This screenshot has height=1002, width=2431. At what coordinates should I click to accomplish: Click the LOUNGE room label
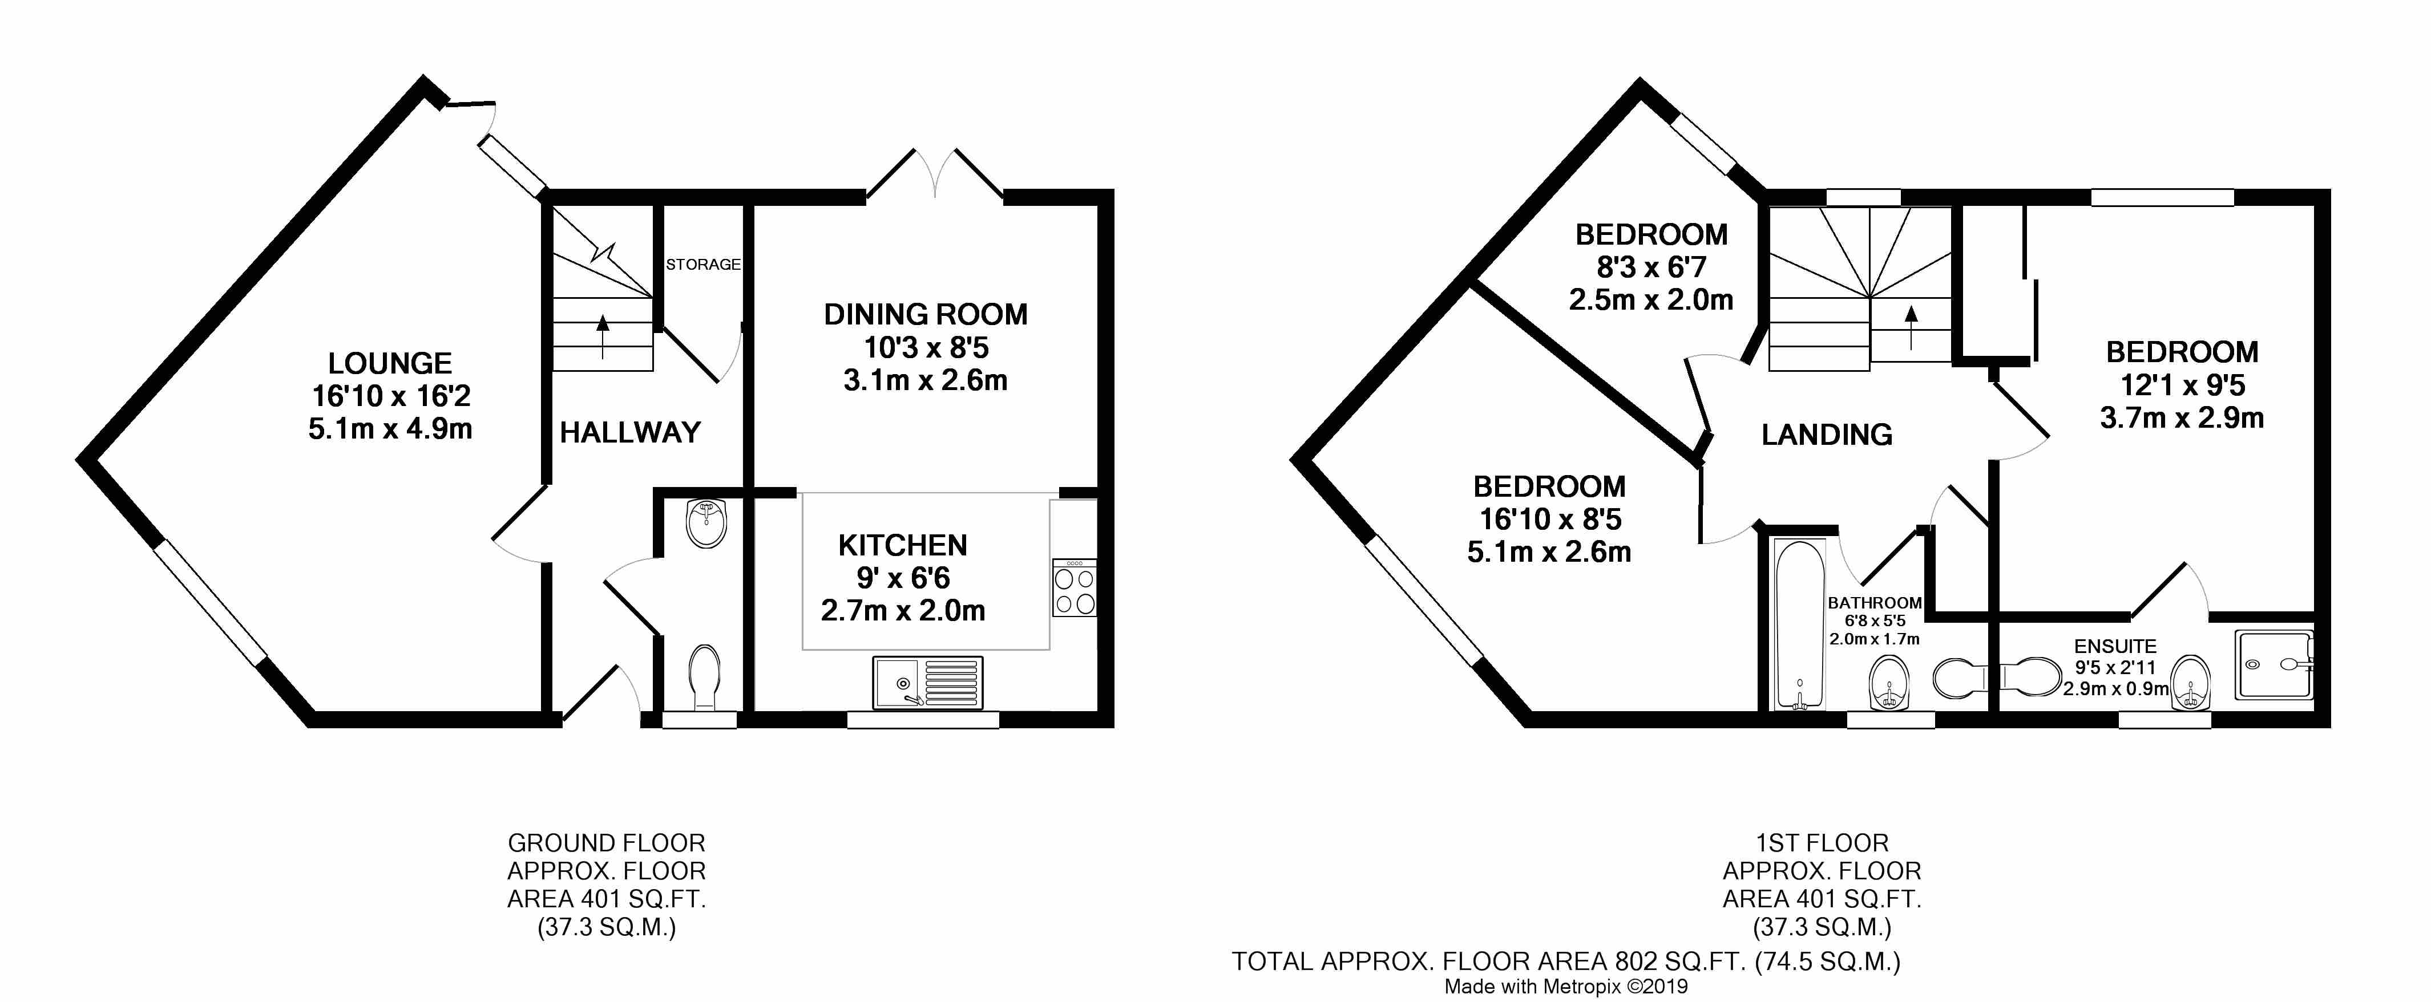pyautogui.click(x=390, y=363)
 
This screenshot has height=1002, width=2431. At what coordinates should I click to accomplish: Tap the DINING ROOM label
pyautogui.click(x=925, y=314)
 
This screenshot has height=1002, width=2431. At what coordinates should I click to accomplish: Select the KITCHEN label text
pyautogui.click(x=902, y=545)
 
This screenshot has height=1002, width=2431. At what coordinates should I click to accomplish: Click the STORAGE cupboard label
pyautogui.click(x=703, y=264)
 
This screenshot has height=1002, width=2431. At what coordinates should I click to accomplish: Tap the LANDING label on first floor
pyautogui.click(x=1826, y=435)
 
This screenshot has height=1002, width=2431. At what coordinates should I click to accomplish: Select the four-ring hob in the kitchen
pyautogui.click(x=1074, y=589)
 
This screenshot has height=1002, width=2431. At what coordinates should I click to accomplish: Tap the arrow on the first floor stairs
pyautogui.click(x=1911, y=326)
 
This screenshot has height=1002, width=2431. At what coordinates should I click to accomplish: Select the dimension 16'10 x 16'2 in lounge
pyautogui.click(x=390, y=396)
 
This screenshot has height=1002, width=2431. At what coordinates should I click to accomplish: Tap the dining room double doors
pyautogui.click(x=934, y=175)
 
